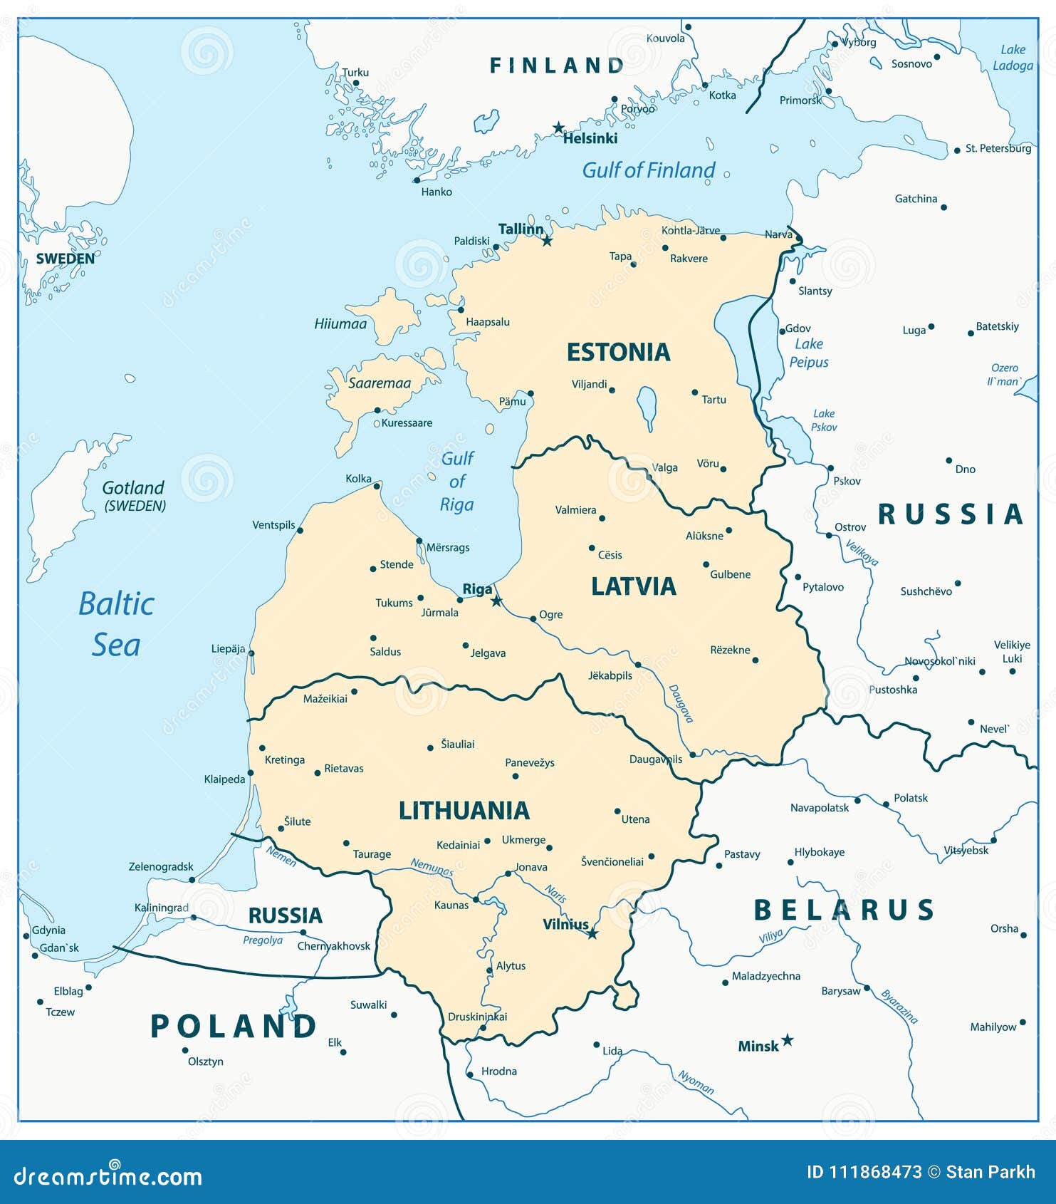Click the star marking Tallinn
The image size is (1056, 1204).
pyautogui.click(x=547, y=241)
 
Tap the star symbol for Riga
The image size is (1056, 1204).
pyautogui.click(x=496, y=601)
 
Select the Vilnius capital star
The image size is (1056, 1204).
pyautogui.click(x=592, y=933)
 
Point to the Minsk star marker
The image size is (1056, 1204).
pyautogui.click(x=787, y=1040)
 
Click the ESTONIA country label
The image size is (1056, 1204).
pyautogui.click(x=618, y=352)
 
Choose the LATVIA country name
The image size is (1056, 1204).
pyautogui.click(x=633, y=586)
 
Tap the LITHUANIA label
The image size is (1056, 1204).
pyautogui.click(x=464, y=811)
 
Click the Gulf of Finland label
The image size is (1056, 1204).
pyautogui.click(x=648, y=170)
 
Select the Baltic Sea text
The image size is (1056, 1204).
pyautogui.click(x=116, y=624)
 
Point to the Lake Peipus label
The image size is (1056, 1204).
pyautogui.click(x=809, y=353)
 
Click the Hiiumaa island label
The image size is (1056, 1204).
pyautogui.click(x=340, y=324)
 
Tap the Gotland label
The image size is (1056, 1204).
pyautogui.click(x=133, y=488)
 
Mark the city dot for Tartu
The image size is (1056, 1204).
pyautogui.click(x=695, y=393)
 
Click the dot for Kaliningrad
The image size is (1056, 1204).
pyautogui.click(x=193, y=917)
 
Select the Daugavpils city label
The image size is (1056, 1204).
pyautogui.click(x=655, y=759)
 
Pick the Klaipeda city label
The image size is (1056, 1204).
pyautogui.click(x=224, y=779)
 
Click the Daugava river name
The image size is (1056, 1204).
pyautogui.click(x=681, y=704)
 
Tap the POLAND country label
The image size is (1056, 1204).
pyautogui.click(x=234, y=1027)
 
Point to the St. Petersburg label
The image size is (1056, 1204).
pyautogui.click(x=998, y=149)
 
